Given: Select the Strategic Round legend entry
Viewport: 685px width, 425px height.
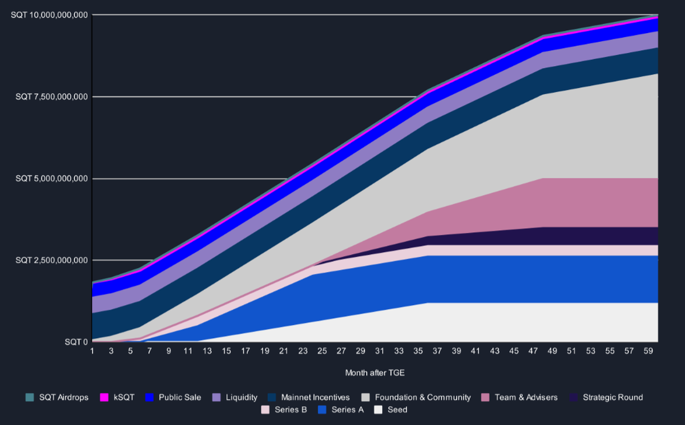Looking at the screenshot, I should point(613,397).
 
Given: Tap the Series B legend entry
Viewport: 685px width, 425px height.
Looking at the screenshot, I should point(291,410).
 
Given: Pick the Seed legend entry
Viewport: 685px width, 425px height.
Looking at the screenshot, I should point(397,410).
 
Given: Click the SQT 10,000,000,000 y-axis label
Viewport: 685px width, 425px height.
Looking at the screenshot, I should point(50,14).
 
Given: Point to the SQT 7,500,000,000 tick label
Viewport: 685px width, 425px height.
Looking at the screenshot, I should point(52,96).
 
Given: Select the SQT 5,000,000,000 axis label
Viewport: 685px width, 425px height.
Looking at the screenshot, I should point(52,179).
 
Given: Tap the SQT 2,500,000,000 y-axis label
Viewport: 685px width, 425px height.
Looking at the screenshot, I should point(52,260).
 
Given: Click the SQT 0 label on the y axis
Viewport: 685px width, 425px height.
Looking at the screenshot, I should point(76,342).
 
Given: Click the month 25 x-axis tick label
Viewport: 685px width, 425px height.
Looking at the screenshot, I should point(323,350).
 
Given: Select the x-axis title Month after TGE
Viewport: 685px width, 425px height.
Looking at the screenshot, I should point(374,373).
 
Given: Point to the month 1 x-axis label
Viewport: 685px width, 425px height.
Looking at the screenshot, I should point(92,350).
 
